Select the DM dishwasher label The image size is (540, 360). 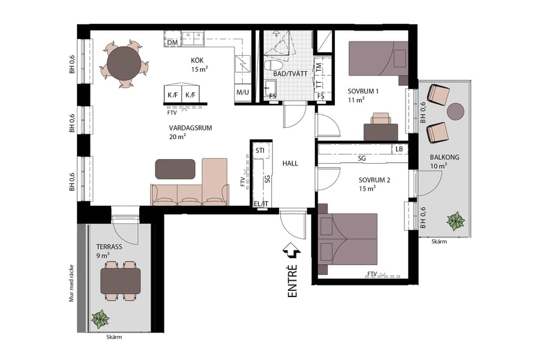click(x=172, y=43)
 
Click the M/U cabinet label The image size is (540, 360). click(x=242, y=92)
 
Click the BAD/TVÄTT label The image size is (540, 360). click(x=290, y=74)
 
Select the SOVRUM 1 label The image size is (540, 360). click(x=363, y=92)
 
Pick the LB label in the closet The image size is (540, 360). click(x=399, y=149)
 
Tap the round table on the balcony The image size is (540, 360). click(x=457, y=112)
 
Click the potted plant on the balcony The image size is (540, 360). click(x=456, y=221)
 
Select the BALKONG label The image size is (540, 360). click(x=445, y=157)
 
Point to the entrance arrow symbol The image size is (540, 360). click(x=291, y=249)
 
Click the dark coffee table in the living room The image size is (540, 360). click(x=175, y=169)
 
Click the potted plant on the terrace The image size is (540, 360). click(x=100, y=319)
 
